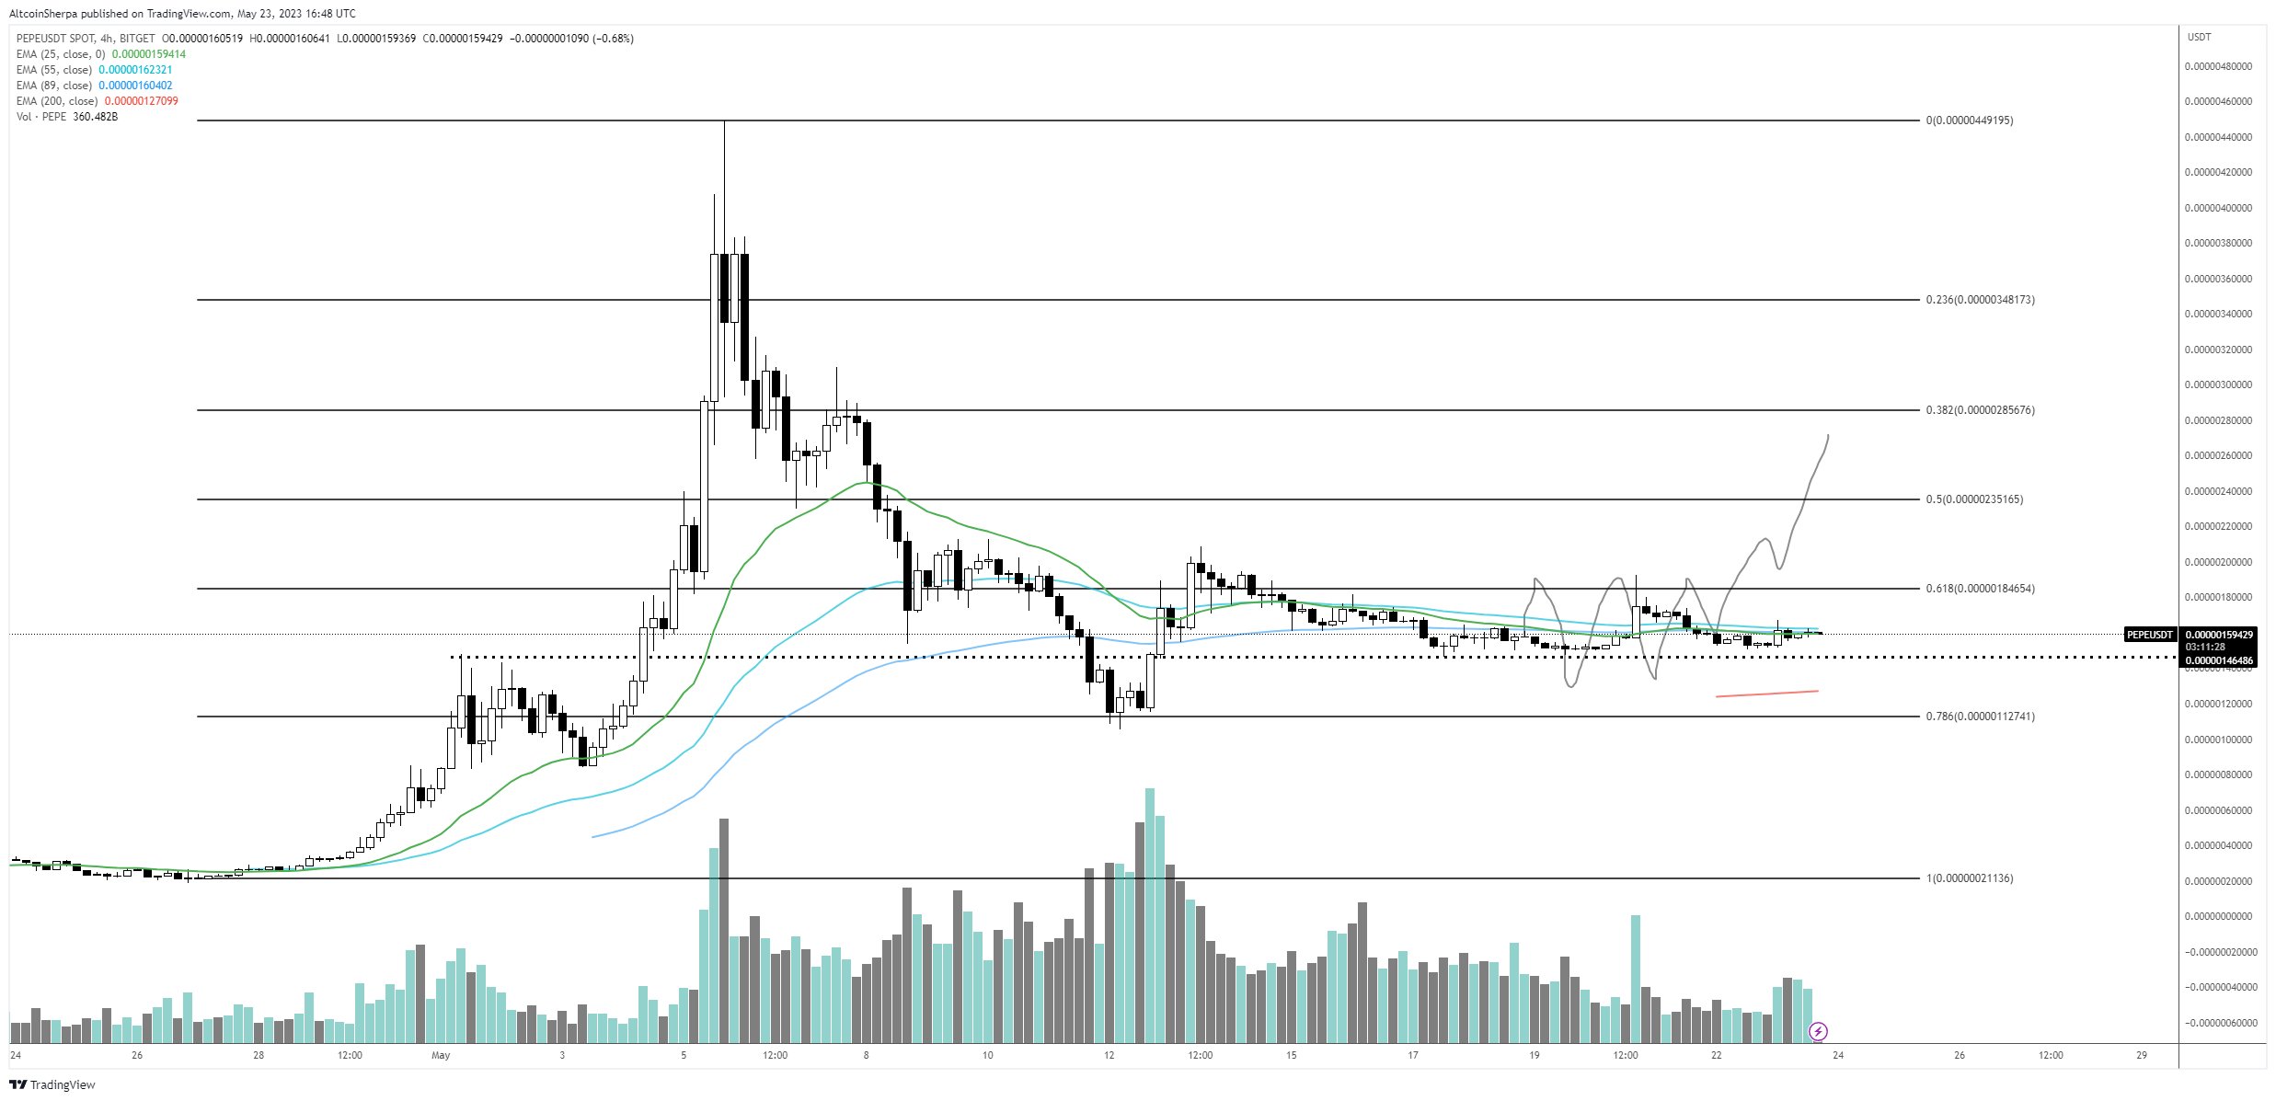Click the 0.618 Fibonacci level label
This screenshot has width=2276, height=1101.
[x=1980, y=589]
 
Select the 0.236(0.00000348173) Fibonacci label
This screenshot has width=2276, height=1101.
[x=1980, y=300]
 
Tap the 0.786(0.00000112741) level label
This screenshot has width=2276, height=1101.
[x=1980, y=717]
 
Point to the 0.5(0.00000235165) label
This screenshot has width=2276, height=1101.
[x=1974, y=499]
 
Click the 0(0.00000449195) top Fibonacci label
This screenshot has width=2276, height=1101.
[x=1969, y=120]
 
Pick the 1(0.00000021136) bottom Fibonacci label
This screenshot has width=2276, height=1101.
[x=1969, y=878]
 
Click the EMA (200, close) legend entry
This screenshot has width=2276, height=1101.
[x=97, y=101]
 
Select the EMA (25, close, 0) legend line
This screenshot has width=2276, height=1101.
[x=100, y=54]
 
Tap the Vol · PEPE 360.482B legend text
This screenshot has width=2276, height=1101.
[x=66, y=117]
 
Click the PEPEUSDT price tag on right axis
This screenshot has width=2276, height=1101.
[x=2149, y=635]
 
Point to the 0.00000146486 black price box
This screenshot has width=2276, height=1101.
[x=2219, y=660]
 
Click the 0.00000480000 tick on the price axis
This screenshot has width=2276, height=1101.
[x=2218, y=66]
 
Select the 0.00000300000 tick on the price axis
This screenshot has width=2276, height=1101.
[x=2218, y=384]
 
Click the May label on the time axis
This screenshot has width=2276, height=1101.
[x=441, y=1055]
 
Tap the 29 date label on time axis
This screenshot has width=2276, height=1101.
[x=2142, y=1055]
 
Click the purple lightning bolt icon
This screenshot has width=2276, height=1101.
[x=1818, y=1031]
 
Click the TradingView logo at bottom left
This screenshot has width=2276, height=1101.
[x=52, y=1084]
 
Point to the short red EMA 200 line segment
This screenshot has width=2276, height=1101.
[x=1766, y=694]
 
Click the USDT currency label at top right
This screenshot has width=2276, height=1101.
[x=2199, y=37]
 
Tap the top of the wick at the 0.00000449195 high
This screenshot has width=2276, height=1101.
[x=724, y=122]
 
